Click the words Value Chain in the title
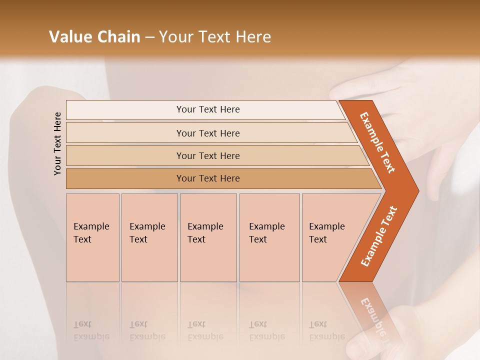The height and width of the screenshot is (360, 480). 94,37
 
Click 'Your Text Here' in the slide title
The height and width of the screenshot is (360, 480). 215,37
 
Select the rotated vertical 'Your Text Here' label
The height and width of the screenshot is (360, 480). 57,143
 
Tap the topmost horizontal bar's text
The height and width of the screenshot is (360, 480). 208,109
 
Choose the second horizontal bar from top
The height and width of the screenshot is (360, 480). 208,133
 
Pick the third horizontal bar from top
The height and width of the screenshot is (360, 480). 208,155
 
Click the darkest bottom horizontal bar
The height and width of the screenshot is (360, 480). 208,178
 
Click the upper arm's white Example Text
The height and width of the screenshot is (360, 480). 377,143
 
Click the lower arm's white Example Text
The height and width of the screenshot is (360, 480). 379,236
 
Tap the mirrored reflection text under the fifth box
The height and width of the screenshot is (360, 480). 326,330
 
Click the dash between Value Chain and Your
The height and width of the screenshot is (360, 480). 149,37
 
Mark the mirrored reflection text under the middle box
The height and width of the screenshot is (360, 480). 205,330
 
